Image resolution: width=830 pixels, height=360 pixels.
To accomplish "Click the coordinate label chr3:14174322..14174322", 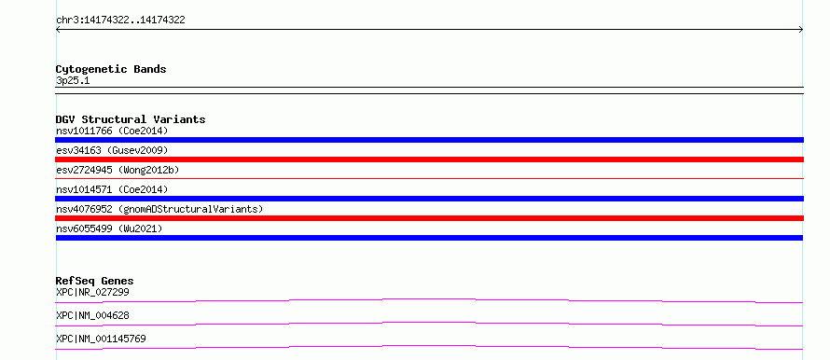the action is [x=120, y=21].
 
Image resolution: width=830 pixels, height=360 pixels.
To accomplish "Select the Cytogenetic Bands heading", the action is [x=111, y=69].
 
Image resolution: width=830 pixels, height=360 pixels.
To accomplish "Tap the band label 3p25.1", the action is [x=73, y=81].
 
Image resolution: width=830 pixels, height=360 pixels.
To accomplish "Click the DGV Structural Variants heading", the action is [x=131, y=119].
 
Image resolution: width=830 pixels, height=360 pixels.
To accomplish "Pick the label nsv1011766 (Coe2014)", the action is [x=112, y=131].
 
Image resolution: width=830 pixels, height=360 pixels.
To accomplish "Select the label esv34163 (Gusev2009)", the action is [x=112, y=150].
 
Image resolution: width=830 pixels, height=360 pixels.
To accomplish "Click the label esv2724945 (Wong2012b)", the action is [x=118, y=170].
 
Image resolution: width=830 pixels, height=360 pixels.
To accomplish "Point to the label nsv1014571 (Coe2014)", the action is [x=112, y=189].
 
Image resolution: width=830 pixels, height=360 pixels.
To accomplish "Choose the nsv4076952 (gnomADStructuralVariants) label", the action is [x=159, y=209].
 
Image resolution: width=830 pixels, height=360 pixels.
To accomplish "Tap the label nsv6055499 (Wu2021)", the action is [x=109, y=228].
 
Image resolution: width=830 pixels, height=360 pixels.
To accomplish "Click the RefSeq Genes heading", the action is [x=95, y=281].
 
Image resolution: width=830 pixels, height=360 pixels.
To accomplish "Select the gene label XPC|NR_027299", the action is [x=92, y=292].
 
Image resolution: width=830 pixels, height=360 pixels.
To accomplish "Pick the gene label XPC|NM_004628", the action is [x=92, y=315].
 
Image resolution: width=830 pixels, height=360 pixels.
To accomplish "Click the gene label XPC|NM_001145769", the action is [x=101, y=339].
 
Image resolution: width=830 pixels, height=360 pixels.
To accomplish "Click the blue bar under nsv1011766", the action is [x=429, y=140].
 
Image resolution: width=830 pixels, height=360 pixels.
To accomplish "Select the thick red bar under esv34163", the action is [x=429, y=159].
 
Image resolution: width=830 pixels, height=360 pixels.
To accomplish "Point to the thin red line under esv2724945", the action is [x=429, y=179].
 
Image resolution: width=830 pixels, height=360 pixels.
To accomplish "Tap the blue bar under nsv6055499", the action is [x=429, y=238].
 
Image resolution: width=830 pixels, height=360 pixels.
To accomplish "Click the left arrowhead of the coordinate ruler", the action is [x=57, y=30].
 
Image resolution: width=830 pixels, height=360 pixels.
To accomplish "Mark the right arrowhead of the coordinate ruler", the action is [x=802, y=30].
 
